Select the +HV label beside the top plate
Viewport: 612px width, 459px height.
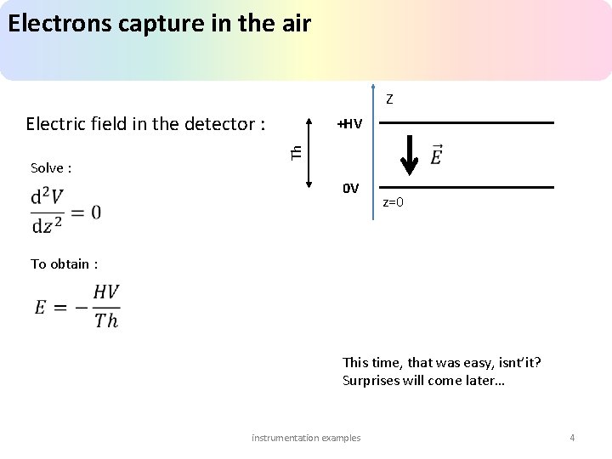tap(349, 124)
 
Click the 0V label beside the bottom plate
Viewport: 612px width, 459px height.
tap(350, 188)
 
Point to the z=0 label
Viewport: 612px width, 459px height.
tap(393, 202)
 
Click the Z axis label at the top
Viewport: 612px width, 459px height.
tap(388, 99)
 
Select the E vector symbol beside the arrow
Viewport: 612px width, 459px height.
tap(436, 156)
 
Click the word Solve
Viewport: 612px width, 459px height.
tap(48, 168)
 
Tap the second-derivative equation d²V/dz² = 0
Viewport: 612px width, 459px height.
tap(65, 210)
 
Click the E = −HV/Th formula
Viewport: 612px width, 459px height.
tap(77, 306)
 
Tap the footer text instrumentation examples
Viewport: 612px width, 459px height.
tap(306, 438)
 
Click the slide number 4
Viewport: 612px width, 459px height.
tap(572, 438)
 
